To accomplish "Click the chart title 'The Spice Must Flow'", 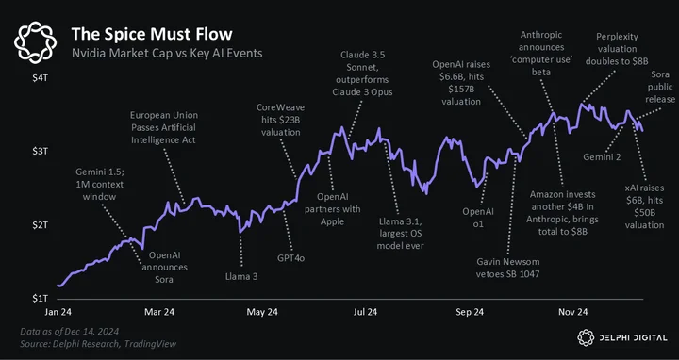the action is click(152, 34).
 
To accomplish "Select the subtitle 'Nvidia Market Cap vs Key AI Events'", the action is click(167, 53).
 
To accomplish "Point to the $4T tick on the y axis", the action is click(40, 79).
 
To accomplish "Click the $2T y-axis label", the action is click(40, 225).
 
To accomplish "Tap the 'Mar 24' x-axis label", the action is click(159, 312).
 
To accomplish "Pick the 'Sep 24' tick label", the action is click(469, 312).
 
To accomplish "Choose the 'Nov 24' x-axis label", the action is click(573, 312).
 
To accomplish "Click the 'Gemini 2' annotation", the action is click(602, 157).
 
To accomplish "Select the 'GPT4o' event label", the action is click(291, 258).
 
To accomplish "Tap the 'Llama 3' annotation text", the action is click(241, 276).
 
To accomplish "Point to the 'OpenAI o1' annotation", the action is click(478, 218).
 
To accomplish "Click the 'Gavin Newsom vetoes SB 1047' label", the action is click(508, 268).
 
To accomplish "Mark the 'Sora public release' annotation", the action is click(660, 87).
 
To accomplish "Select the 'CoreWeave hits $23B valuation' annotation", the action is click(281, 120).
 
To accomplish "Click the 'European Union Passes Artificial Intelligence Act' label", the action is click(164, 127).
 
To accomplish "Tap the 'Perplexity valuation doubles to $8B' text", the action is click(617, 49).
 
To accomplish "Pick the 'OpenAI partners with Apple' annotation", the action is click(332, 209).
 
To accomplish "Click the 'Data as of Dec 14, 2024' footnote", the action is click(69, 332).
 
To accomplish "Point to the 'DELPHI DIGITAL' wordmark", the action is click(633, 338).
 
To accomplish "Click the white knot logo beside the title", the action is click(35, 42).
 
